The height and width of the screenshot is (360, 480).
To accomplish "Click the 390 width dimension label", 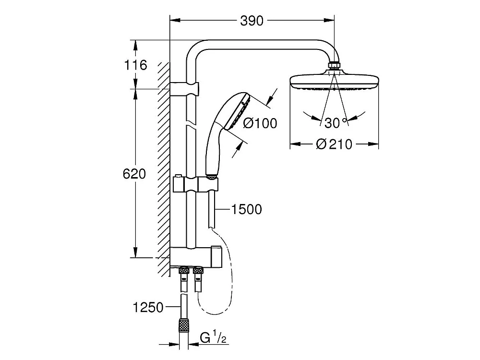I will tap(252, 21).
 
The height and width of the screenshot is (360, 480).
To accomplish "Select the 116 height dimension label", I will tap(135, 65).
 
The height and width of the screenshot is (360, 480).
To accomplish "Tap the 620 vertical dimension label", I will tap(134, 173).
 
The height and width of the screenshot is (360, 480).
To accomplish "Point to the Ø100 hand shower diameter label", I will tap(260, 123).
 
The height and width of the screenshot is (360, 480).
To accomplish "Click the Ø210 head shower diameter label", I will tap(334, 144).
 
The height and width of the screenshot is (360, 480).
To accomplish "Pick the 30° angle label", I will tap(335, 123).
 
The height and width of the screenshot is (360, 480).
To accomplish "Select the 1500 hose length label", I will tap(246, 209).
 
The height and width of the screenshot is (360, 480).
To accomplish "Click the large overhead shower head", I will tap(334, 81).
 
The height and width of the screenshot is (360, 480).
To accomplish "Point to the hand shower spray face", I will tap(240, 112).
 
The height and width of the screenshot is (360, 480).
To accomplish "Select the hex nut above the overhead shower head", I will tap(334, 66).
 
